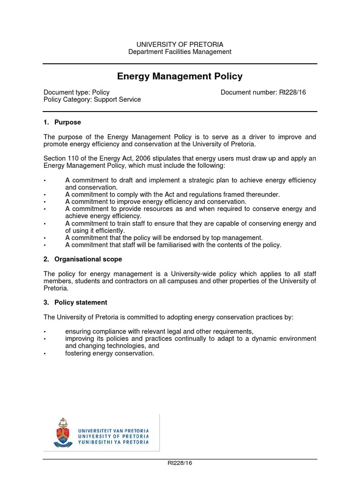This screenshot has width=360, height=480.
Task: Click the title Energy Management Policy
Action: pyautogui.click(x=180, y=76)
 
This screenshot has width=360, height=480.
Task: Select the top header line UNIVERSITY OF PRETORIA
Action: pyautogui.click(x=180, y=44)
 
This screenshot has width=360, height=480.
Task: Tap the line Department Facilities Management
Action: pyautogui.click(x=180, y=52)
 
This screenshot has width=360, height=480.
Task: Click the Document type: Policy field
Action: pyautogui.click(x=76, y=92)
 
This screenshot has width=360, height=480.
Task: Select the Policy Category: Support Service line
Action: pyautogui.click(x=92, y=99)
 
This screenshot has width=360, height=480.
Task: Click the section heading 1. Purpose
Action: pyautogui.click(x=62, y=122)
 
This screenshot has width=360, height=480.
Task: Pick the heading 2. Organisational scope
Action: pyautogui.click(x=82, y=259)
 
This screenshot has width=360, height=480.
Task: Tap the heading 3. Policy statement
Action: pyautogui.click(x=75, y=302)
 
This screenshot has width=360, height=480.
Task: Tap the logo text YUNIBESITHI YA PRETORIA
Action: pyautogui.click(x=113, y=442)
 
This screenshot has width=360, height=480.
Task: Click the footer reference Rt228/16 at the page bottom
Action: pyautogui.click(x=180, y=463)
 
